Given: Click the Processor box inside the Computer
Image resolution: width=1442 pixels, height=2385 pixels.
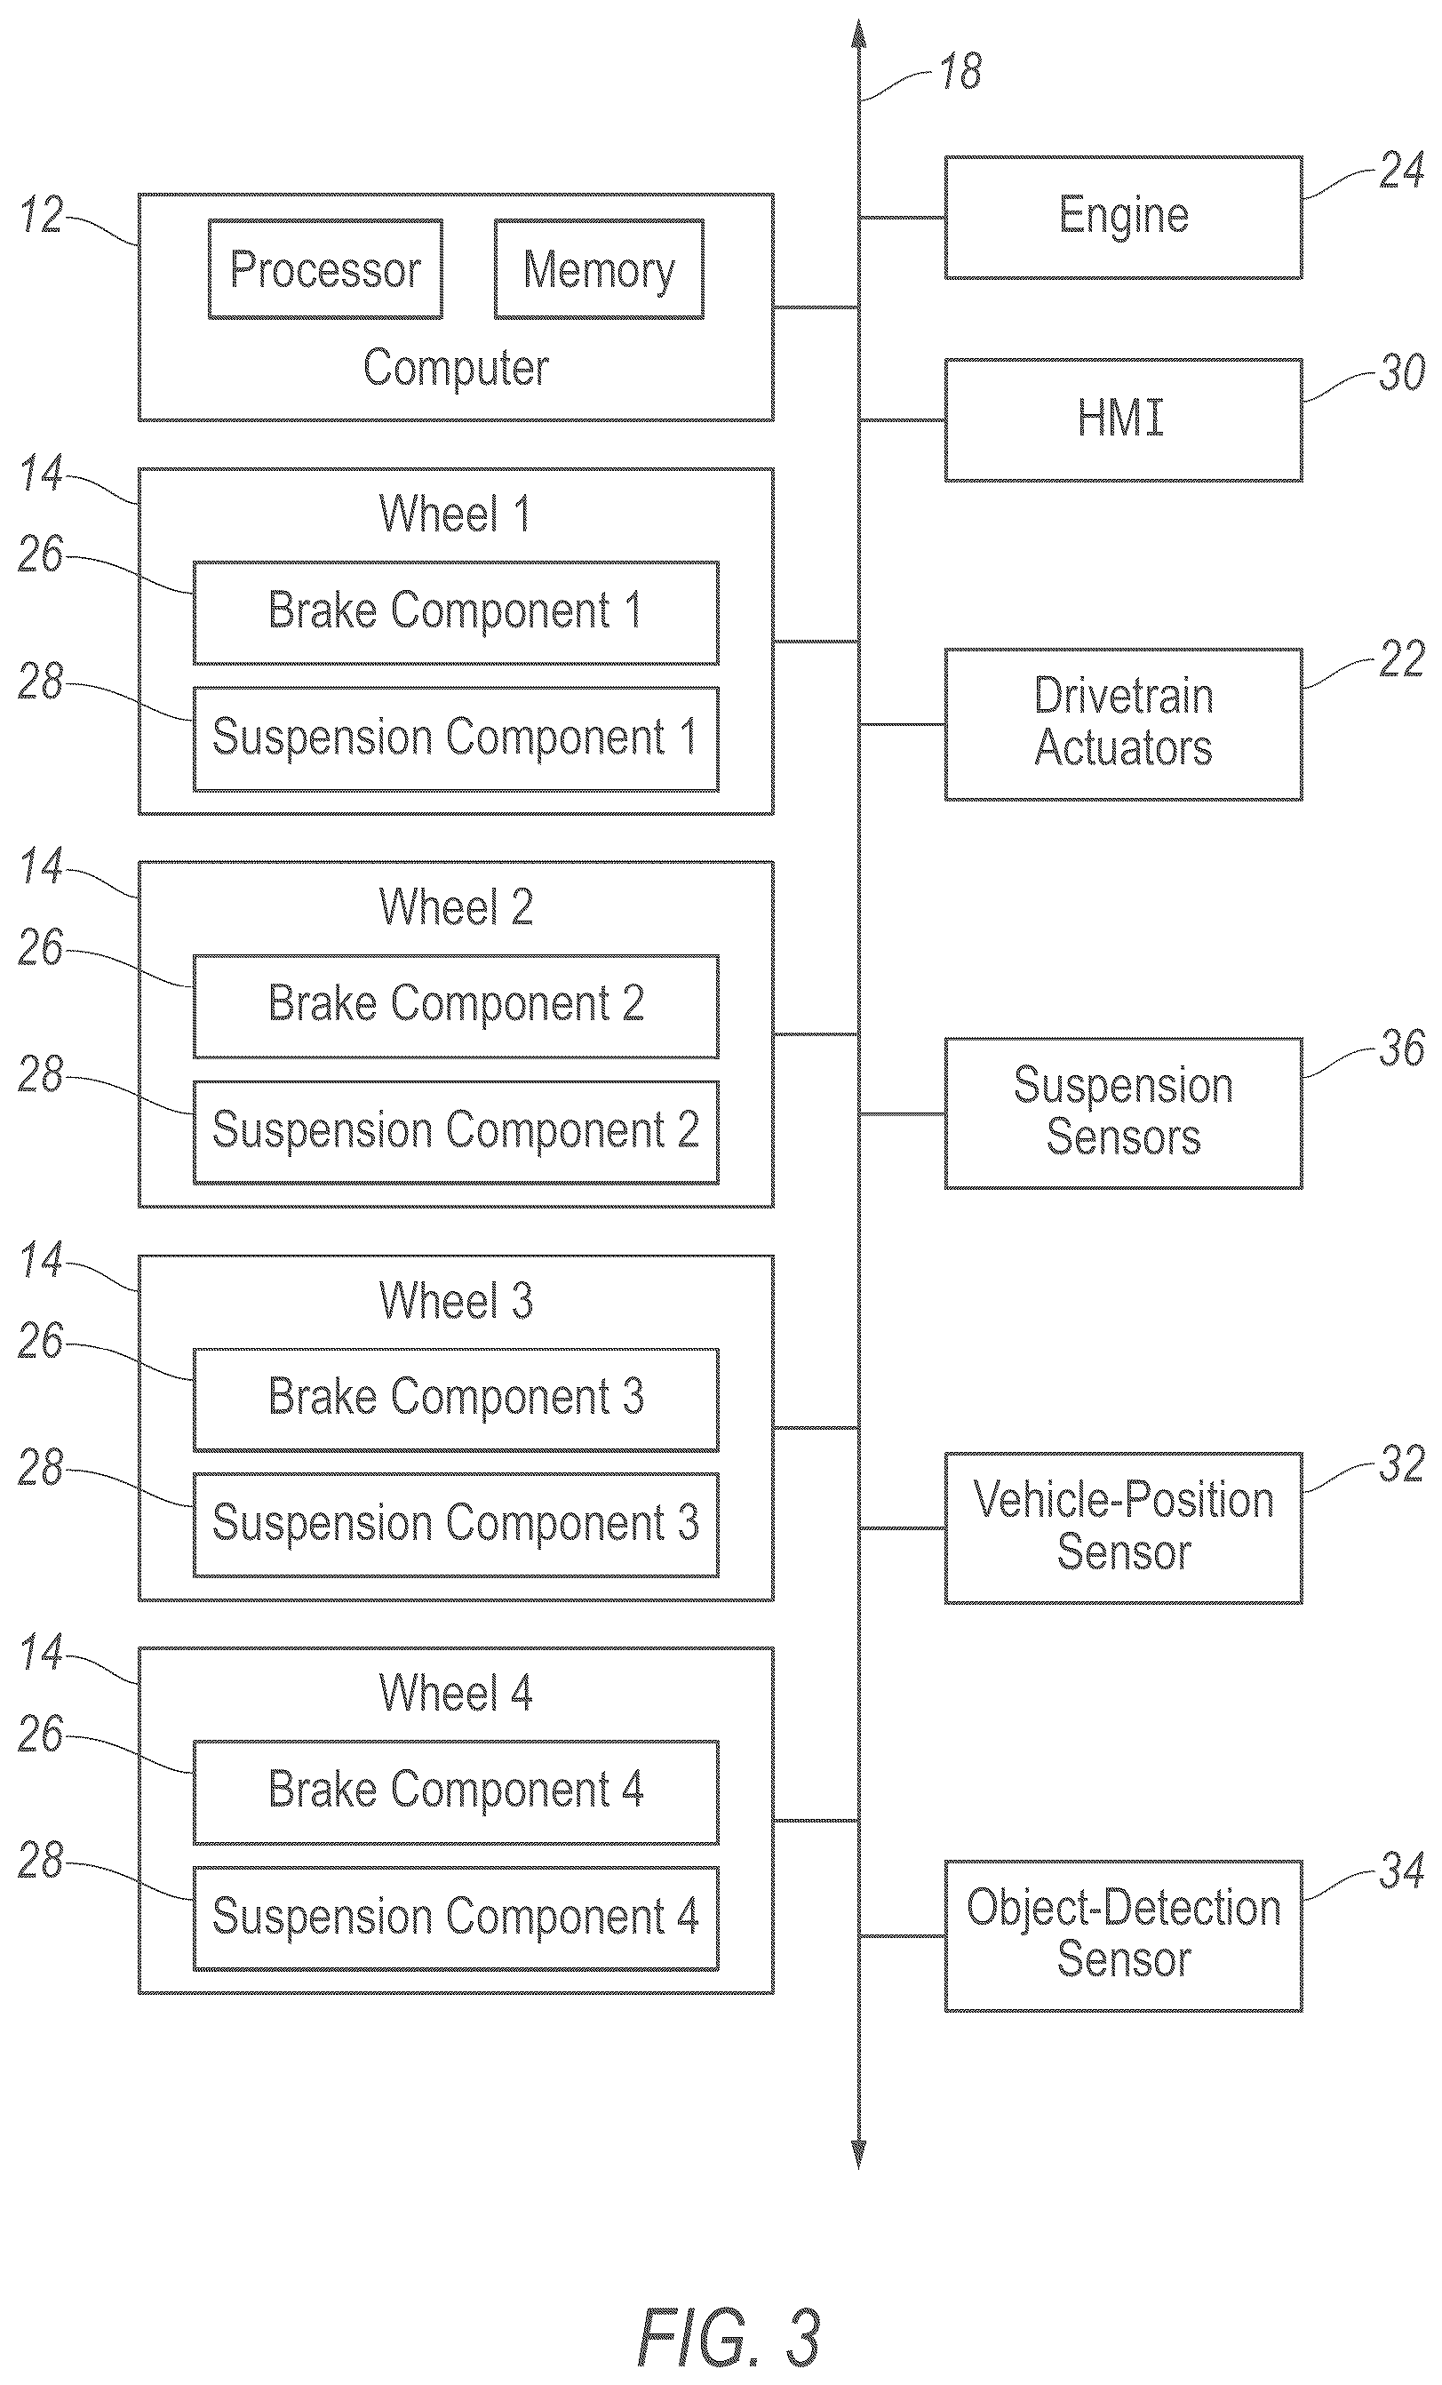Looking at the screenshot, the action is coord(325,269).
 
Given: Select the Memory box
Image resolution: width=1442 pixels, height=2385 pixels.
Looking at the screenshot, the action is coord(599,269).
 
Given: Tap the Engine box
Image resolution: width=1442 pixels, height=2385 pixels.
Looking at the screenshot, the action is coord(1124,218).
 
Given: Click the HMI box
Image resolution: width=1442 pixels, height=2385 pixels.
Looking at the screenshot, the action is coord(1124,420).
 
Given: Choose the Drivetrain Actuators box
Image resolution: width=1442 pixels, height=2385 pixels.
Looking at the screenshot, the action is coord(1124,724).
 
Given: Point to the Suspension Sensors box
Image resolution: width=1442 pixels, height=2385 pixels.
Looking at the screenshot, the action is coord(1124,1113).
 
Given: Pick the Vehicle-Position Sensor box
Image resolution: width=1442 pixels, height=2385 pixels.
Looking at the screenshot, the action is coord(1124,1528).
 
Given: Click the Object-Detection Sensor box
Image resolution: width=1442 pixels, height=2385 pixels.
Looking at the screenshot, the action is coord(1124,1936).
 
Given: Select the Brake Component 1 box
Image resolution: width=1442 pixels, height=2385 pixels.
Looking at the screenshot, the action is coord(456,613).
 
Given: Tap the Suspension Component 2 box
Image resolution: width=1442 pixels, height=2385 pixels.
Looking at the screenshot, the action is coord(456,1131).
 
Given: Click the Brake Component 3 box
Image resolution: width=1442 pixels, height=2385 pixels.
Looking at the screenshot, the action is coord(456,1399).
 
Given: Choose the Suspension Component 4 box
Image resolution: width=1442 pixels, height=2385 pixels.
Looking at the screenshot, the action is coord(456,1918).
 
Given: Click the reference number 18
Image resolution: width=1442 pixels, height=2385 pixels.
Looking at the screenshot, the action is coord(961,73).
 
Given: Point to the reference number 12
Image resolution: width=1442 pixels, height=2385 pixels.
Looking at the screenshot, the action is coord(42,215).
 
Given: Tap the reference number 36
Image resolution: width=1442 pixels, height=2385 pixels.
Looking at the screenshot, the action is coord(1402,1049).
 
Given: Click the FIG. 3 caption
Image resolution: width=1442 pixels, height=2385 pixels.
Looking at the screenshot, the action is coord(729,2337).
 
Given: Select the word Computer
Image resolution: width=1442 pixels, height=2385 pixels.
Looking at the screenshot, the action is coord(456,369).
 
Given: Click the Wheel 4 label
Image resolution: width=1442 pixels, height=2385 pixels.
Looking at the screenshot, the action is coord(456,1693).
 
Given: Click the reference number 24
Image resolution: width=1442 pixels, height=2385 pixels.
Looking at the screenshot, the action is coord(1402,171).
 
